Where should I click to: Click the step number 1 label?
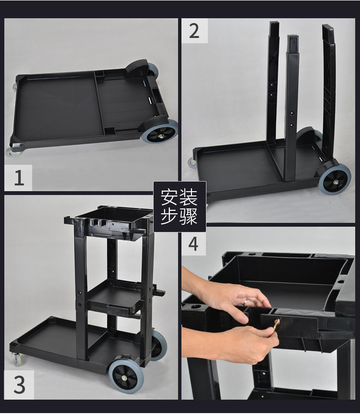[19, 178]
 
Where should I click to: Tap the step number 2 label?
[194, 31]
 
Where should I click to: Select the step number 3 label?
[19, 385]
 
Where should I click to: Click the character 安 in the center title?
[169, 197]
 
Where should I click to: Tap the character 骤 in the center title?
[189, 216]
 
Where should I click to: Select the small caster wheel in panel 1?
[12, 152]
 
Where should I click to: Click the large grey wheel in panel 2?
[335, 179]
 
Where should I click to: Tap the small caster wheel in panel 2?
[192, 162]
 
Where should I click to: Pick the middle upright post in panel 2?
[291, 108]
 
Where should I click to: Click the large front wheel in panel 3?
[126, 377]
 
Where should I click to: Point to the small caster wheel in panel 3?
[17, 359]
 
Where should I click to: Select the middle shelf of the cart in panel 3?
[116, 298]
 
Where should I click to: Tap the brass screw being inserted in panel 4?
[276, 325]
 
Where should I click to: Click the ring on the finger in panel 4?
[246, 302]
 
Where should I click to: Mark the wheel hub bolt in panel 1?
[160, 137]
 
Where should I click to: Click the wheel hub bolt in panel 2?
[336, 182]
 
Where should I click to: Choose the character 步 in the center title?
[169, 216]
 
